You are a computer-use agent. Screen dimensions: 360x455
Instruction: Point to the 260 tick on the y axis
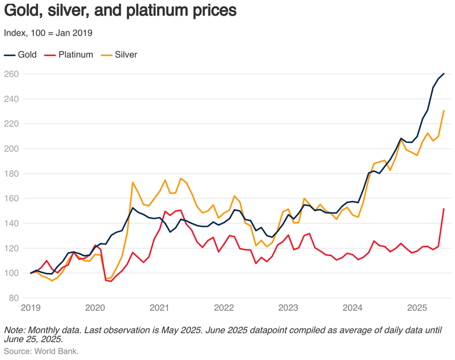[11, 74]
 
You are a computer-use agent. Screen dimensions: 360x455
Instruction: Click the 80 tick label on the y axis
[14, 298]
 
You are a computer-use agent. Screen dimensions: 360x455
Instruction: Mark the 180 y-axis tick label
[11, 174]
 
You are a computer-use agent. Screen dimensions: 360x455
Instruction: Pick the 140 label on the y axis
[11, 224]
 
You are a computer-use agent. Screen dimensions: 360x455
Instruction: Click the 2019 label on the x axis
[31, 308]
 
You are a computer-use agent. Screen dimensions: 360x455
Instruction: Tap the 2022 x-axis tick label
[224, 308]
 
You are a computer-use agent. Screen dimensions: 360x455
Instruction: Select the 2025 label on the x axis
[417, 308]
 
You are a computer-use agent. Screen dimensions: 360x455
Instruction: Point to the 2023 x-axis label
[289, 308]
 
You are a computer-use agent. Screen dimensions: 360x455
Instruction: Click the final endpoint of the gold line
[444, 74]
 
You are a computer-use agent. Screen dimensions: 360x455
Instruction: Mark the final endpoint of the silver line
[444, 111]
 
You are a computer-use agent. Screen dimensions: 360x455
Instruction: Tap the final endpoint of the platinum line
[444, 209]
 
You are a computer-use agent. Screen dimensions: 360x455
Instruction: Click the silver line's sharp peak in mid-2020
[133, 182]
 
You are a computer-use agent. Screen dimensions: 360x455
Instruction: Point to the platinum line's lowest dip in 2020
[111, 281]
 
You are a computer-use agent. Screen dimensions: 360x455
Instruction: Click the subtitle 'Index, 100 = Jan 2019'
[48, 33]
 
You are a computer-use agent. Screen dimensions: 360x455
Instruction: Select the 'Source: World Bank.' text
[41, 351]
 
